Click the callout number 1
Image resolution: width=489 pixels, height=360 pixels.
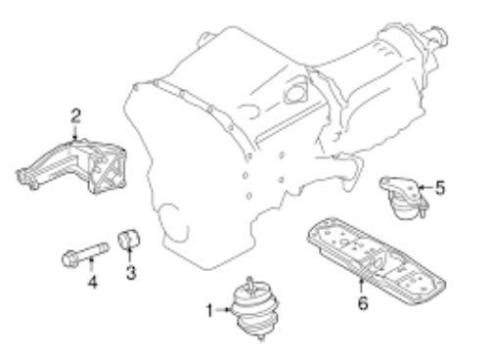click(x=209, y=310)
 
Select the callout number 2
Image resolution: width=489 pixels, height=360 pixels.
click(x=75, y=116)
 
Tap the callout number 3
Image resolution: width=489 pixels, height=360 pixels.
click(x=131, y=272)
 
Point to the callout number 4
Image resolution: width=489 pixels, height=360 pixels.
click(x=93, y=282)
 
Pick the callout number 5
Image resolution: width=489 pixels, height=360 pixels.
click(x=440, y=188)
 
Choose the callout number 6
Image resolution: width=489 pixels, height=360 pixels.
click(x=363, y=303)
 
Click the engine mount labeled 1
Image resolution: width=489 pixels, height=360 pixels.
click(x=255, y=308)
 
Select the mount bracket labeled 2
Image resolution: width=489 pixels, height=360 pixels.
click(x=71, y=165)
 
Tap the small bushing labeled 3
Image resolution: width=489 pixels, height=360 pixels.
click(x=129, y=239)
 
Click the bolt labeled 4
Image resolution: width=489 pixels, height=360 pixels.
click(x=85, y=254)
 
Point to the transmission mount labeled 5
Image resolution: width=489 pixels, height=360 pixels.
click(x=404, y=197)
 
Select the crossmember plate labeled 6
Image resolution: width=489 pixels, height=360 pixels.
click(x=376, y=260)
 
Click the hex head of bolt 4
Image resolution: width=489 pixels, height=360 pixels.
click(x=69, y=259)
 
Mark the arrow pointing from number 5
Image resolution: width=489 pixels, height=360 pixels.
click(x=425, y=188)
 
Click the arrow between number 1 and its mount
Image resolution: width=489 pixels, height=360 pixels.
click(x=224, y=310)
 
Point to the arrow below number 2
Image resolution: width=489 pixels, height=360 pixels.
click(x=75, y=132)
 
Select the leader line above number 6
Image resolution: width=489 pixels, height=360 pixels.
click(x=361, y=285)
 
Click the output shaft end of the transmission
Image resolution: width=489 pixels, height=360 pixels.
click(x=437, y=35)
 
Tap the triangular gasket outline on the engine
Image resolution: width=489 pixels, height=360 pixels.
click(x=296, y=91)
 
